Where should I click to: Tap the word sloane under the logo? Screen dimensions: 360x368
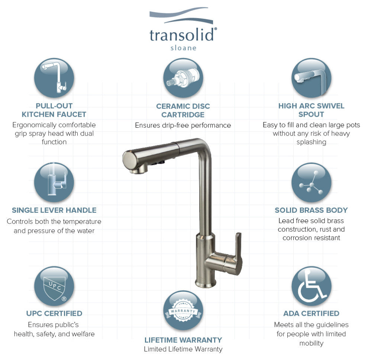pyautogui.click(x=183, y=48)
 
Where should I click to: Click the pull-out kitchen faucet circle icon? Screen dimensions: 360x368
pyautogui.click(x=54, y=78)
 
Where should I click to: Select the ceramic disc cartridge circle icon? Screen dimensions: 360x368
pyautogui.click(x=183, y=78)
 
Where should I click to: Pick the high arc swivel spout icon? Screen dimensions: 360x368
pyautogui.click(x=311, y=78)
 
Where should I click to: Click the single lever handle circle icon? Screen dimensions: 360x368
pyautogui.click(x=54, y=182)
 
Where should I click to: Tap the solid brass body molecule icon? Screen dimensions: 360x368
pyautogui.click(x=311, y=182)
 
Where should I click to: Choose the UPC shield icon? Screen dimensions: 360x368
pyautogui.click(x=54, y=286)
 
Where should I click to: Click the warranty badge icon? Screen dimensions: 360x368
pyautogui.click(x=183, y=310)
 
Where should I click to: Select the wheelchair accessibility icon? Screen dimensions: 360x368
pyautogui.click(x=311, y=286)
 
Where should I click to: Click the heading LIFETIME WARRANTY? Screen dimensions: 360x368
pyautogui.click(x=183, y=340)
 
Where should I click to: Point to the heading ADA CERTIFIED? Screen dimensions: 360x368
pyautogui.click(x=311, y=314)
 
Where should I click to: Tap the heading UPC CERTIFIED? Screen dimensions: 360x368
pyautogui.click(x=54, y=314)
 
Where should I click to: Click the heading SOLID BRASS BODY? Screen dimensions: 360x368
pyautogui.click(x=311, y=210)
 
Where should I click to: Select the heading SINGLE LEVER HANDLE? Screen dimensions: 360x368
pyautogui.click(x=54, y=210)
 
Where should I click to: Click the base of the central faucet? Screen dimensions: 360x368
pyautogui.click(x=205, y=282)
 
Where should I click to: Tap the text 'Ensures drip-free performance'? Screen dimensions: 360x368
pyautogui.click(x=183, y=125)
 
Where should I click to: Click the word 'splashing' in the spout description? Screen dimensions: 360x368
pyautogui.click(x=311, y=142)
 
